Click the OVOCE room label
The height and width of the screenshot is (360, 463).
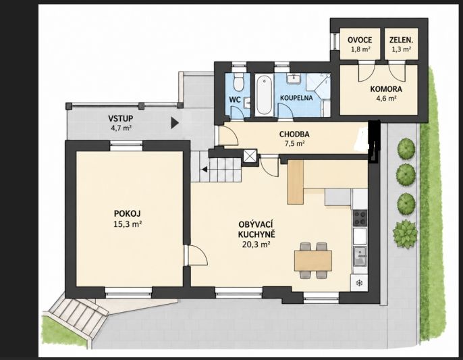(x=359, y=40)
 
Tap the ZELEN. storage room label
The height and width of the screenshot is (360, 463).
(x=402, y=40)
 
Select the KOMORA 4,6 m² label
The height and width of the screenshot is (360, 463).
(x=386, y=93)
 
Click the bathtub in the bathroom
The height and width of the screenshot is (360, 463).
(x=264, y=95)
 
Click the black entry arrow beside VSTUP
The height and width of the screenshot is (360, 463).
(x=175, y=123)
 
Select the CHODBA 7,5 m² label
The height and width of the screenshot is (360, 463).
(x=294, y=138)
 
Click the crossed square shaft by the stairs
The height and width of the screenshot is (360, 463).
(x=250, y=155)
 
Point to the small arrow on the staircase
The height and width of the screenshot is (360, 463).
(x=205, y=170)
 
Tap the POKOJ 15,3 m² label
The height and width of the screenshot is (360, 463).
(x=128, y=218)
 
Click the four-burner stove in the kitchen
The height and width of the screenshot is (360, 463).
(x=360, y=218)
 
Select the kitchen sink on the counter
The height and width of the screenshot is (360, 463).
(x=360, y=256)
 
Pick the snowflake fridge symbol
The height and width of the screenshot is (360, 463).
(x=359, y=284)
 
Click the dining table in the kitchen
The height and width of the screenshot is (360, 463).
(x=313, y=261)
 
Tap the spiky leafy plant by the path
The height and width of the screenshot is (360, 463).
(x=405, y=234)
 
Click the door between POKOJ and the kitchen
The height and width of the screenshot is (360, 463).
(x=196, y=255)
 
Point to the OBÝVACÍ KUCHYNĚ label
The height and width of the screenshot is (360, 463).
(x=256, y=229)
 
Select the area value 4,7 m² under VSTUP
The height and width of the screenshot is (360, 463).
(x=120, y=128)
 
